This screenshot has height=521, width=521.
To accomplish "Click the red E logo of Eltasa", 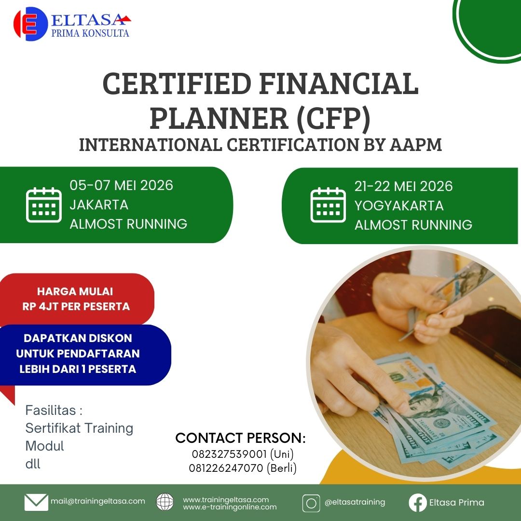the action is (x=30, y=24).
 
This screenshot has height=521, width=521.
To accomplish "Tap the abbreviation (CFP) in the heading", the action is (x=333, y=118).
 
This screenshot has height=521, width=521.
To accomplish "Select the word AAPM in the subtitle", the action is (x=416, y=145).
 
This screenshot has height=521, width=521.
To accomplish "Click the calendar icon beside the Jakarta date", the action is (x=44, y=205).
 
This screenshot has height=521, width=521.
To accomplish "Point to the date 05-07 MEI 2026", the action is (x=121, y=185).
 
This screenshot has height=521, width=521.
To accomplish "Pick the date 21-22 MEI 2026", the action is (x=403, y=186).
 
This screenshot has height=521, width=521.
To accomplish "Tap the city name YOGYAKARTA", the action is (x=399, y=206).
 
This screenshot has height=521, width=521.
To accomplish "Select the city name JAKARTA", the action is (x=99, y=205).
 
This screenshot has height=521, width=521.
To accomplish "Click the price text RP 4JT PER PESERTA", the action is (x=76, y=306).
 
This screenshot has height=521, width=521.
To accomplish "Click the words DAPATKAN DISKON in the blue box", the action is (x=78, y=338).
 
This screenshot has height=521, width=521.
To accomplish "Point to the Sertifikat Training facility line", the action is (x=80, y=428).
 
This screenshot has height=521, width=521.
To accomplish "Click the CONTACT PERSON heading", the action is (x=240, y=438).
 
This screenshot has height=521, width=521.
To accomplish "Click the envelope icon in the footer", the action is (x=36, y=502).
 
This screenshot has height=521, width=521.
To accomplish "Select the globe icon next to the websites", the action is (x=165, y=502).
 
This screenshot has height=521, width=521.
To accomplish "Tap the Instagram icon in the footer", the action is (x=311, y=503).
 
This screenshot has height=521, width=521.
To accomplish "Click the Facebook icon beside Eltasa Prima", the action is (x=418, y=502).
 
